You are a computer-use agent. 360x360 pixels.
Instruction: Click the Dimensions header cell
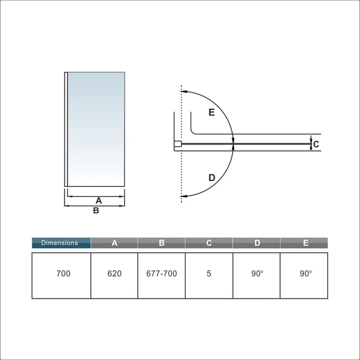click(61, 243)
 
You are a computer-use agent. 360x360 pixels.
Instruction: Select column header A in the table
click(114, 243)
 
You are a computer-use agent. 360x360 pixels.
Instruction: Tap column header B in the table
click(162, 243)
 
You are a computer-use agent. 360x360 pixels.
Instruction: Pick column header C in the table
click(209, 243)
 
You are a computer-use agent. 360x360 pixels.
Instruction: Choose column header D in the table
click(256, 243)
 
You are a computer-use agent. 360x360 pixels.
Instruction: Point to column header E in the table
click(304, 243)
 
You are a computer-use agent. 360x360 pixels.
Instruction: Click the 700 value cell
click(63, 274)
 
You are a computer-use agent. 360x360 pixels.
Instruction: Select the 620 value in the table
click(114, 274)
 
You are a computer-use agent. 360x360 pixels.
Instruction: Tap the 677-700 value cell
click(162, 274)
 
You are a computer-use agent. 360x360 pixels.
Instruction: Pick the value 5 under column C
click(209, 274)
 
